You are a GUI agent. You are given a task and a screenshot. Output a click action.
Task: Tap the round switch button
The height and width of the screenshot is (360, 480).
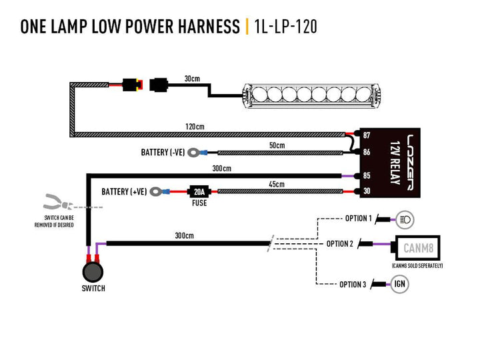93,272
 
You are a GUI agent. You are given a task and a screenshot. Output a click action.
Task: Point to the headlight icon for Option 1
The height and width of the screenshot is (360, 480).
404,218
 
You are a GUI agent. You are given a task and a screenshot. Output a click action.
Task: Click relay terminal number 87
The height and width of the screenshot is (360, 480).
366,135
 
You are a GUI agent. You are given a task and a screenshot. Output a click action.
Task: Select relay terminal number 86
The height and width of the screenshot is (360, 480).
366,153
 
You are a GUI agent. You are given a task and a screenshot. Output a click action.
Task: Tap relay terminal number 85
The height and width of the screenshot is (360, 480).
366,176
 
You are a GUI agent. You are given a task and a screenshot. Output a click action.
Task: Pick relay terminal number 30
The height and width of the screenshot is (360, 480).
366,191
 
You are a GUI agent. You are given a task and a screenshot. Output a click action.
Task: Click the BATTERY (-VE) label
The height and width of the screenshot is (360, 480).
163,153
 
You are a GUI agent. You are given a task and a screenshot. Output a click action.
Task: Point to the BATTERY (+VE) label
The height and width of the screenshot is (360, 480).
123,191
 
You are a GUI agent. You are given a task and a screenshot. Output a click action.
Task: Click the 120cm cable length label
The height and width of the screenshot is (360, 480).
194,127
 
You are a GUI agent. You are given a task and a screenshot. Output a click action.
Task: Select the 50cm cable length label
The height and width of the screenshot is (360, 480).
276,145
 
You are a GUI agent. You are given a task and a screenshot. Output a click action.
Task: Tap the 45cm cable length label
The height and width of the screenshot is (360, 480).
276,185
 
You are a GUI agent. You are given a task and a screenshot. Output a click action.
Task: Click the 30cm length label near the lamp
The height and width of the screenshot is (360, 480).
192,79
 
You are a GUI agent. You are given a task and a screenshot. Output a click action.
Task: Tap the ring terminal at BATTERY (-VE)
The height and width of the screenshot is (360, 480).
194,153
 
